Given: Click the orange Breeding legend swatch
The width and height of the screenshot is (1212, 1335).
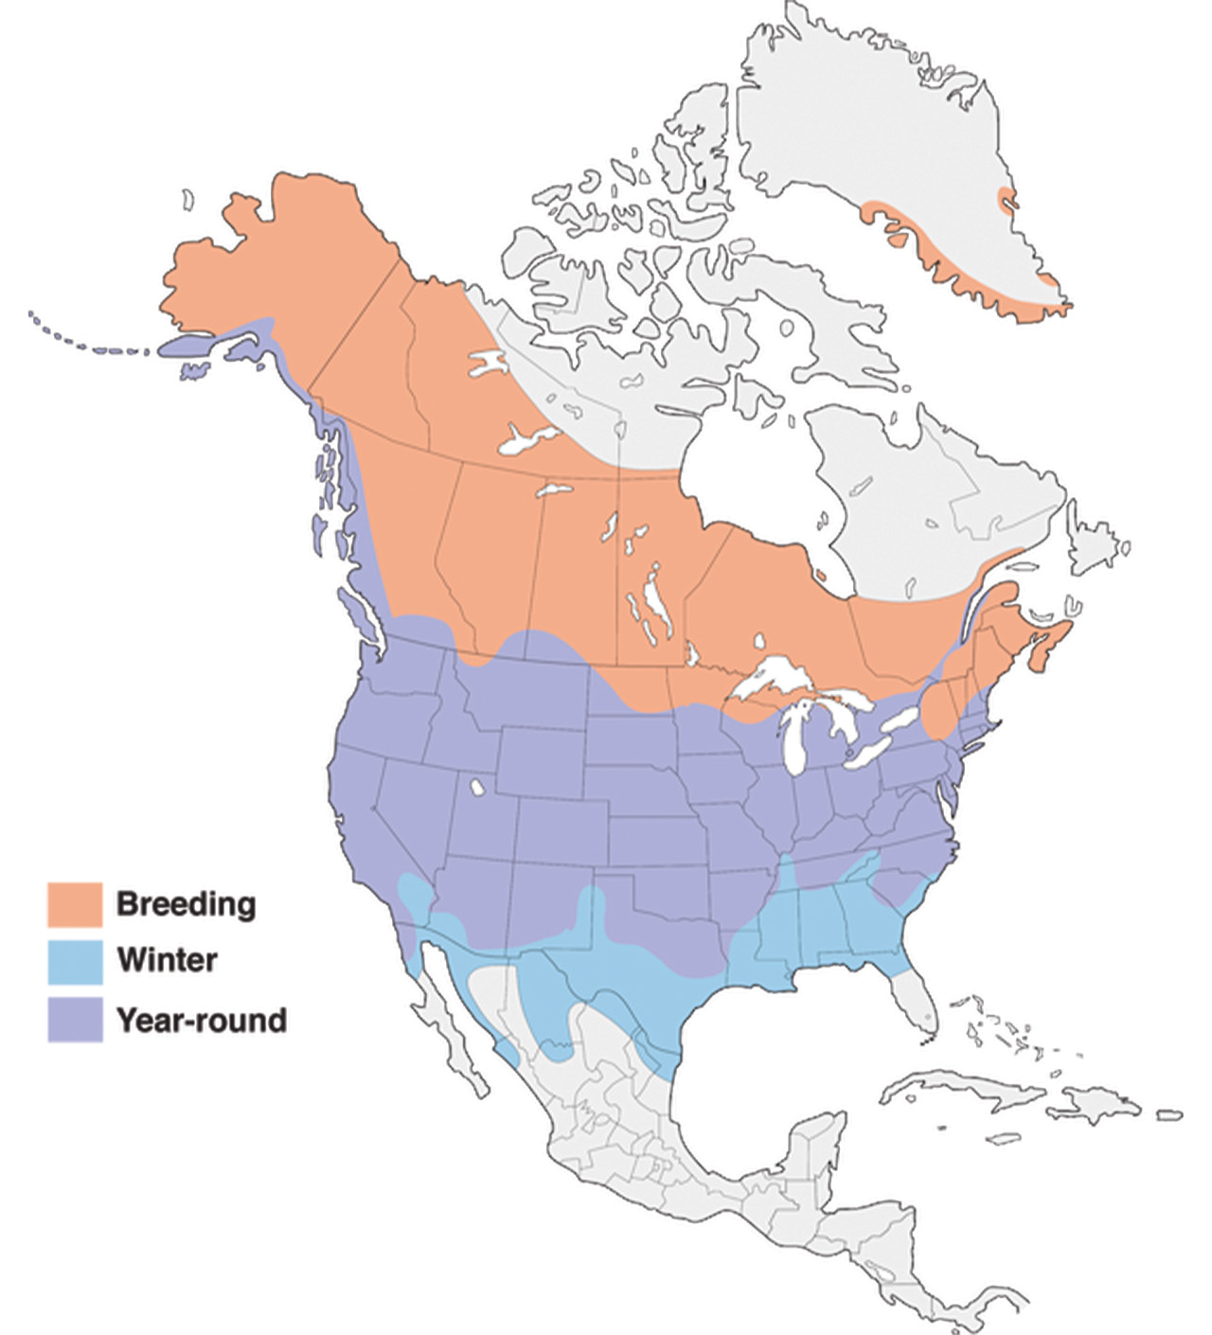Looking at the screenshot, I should pos(75,904).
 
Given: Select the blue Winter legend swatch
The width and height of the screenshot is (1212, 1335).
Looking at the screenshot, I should pos(75,961).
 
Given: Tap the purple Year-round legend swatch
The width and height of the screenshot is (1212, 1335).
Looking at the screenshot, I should pos(75,1020).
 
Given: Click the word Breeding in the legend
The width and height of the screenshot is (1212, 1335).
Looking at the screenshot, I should pos(186,904).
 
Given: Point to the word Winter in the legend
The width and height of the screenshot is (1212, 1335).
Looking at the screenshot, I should pos(167,960).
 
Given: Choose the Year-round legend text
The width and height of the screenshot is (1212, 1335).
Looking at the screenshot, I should pos(201,1020).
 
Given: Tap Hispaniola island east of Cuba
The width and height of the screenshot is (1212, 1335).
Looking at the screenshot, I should pos(1103,1104).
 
